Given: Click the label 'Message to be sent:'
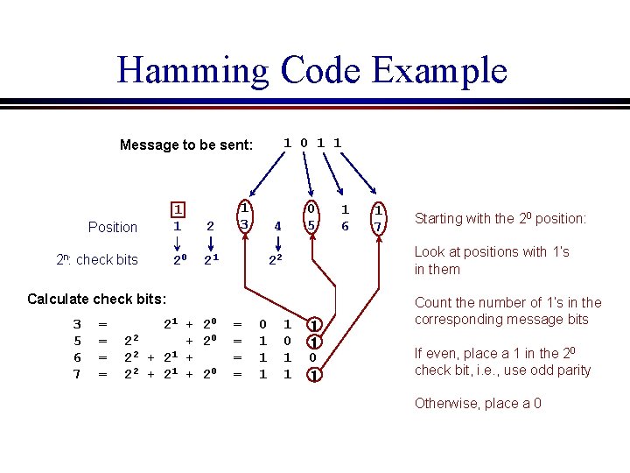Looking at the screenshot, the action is tap(185, 145).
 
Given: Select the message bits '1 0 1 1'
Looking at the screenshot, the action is tap(313, 141).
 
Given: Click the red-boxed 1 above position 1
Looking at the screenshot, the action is tap(178, 210).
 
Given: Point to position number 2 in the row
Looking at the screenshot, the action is tap(210, 227).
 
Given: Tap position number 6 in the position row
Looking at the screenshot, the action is tap(345, 227).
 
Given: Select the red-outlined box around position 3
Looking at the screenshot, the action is tap(246, 217).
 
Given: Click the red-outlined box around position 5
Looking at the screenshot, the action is tap(310, 217).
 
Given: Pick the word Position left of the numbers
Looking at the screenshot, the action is tap(113, 227).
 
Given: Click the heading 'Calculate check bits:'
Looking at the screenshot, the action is tap(97, 299).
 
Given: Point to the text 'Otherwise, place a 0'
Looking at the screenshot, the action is tap(479, 403).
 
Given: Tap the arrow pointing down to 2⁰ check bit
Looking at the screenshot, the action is tap(178, 244).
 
